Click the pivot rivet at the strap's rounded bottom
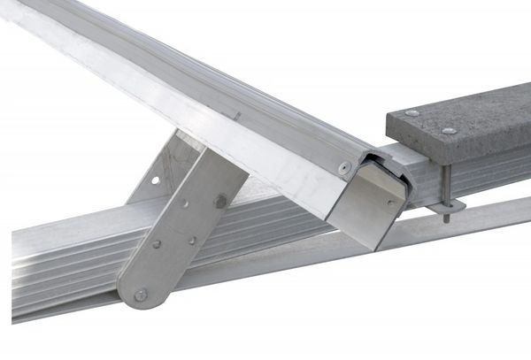141,295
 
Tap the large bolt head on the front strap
219,201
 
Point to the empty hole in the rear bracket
156,180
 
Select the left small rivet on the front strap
156,244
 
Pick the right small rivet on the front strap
191,240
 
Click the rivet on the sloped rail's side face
344,166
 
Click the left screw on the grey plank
412,113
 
